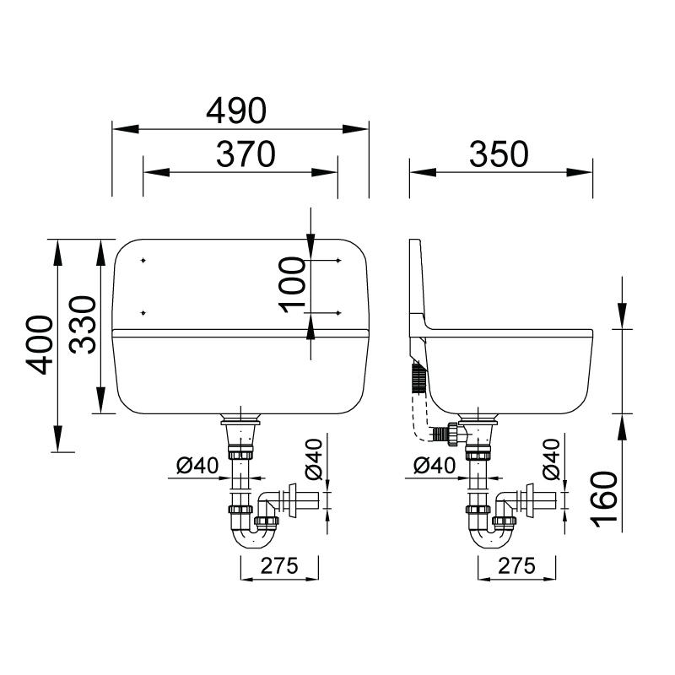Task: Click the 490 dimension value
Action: [x=236, y=111]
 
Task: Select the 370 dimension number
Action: [x=246, y=154]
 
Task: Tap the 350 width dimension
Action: [x=499, y=154]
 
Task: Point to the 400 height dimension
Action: [x=40, y=345]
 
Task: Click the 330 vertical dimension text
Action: [x=82, y=325]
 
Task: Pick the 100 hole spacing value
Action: [x=292, y=284]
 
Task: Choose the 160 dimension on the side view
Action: [x=603, y=499]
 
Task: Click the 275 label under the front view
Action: [x=279, y=565]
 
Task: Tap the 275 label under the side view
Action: [x=516, y=565]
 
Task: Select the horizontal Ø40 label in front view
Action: [x=197, y=466]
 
